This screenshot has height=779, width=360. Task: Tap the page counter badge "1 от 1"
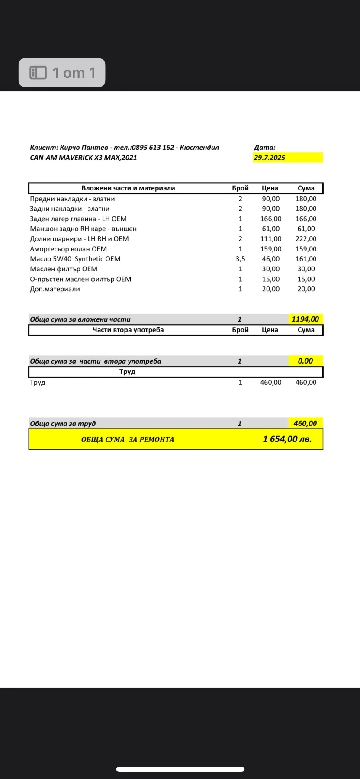point(62,73)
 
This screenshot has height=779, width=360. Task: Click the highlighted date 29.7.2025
point(270,158)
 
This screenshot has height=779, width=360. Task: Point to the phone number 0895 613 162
point(153,148)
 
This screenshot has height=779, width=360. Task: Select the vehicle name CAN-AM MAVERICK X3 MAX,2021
point(83,158)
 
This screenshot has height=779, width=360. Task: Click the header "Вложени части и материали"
point(128,188)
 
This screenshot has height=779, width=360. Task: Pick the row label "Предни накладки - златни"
point(72,199)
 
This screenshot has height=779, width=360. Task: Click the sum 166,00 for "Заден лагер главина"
point(305,219)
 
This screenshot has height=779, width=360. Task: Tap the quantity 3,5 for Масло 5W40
point(240,259)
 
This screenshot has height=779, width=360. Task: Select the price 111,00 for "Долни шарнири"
point(270,239)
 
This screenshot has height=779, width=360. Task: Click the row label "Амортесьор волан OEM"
point(68,249)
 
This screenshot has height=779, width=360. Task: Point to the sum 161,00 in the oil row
point(305,259)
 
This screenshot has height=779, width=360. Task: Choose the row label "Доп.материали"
point(55,289)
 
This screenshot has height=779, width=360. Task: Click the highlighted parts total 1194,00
point(305,319)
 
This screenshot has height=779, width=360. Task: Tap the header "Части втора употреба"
point(128,330)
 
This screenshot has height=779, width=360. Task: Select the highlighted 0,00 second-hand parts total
point(305,361)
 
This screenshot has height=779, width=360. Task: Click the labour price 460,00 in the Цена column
point(270,383)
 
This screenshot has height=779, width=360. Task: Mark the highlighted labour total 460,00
point(305,423)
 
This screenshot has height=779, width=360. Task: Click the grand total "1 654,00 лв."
point(287,439)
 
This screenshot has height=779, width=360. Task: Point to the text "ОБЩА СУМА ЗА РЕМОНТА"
point(128,439)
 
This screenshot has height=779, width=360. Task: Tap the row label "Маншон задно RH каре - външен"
point(83,229)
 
